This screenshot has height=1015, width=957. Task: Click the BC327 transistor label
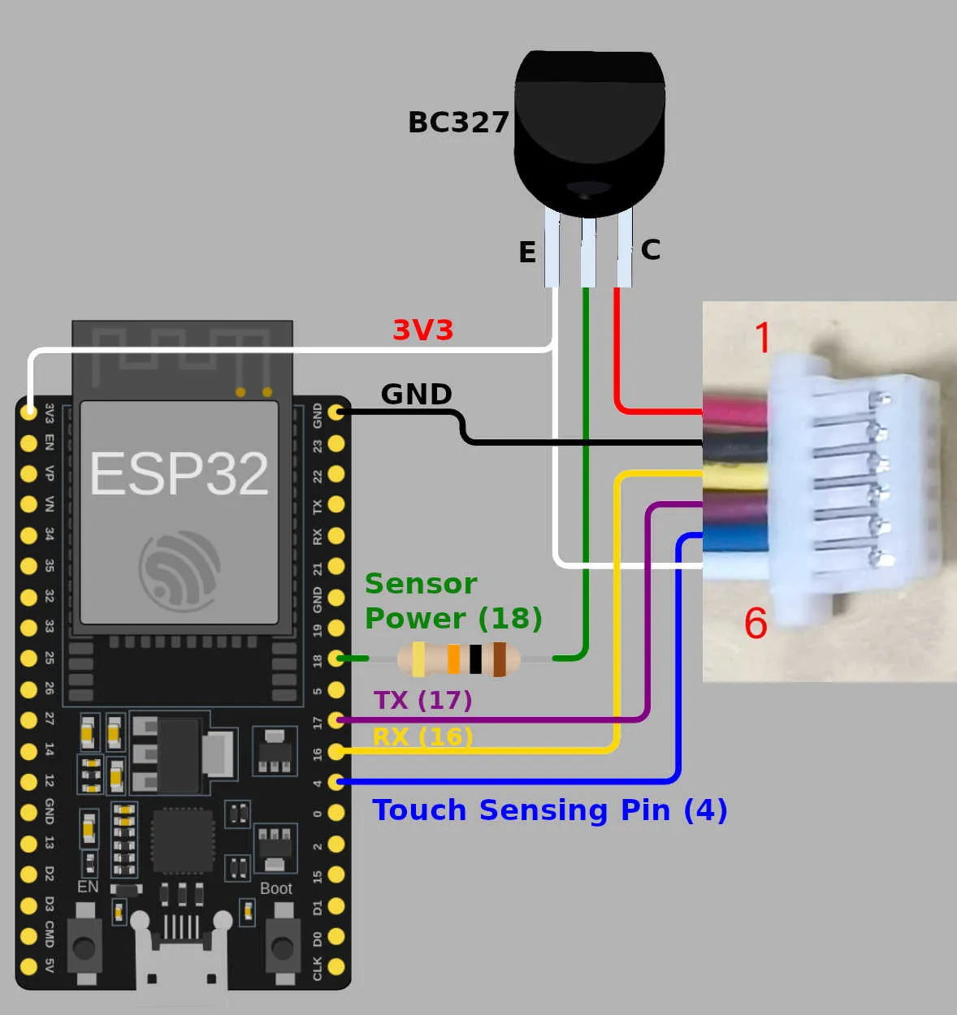(x=458, y=123)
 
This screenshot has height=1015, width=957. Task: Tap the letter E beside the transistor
(x=527, y=253)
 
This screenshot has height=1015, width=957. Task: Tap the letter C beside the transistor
(x=650, y=249)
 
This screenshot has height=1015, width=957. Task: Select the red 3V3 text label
(x=422, y=330)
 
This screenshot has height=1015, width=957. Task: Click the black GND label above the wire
(x=416, y=395)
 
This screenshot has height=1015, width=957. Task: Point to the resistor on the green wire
(x=459, y=659)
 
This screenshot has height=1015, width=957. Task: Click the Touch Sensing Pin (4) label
(x=549, y=810)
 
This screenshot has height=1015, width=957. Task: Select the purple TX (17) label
(x=422, y=700)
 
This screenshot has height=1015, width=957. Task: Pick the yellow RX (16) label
(x=422, y=736)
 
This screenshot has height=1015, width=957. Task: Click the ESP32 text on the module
(x=179, y=474)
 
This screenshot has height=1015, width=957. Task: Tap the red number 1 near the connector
(x=762, y=338)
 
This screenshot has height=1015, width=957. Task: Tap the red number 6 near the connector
(x=756, y=624)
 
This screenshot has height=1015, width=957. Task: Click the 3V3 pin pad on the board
(x=28, y=412)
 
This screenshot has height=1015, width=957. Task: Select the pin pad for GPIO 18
(x=336, y=659)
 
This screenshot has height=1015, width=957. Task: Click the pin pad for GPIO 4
(x=336, y=782)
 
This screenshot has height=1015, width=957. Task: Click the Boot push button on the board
(x=281, y=947)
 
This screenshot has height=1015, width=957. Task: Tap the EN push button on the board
(x=84, y=947)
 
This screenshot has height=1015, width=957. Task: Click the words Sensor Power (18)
(x=453, y=601)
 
